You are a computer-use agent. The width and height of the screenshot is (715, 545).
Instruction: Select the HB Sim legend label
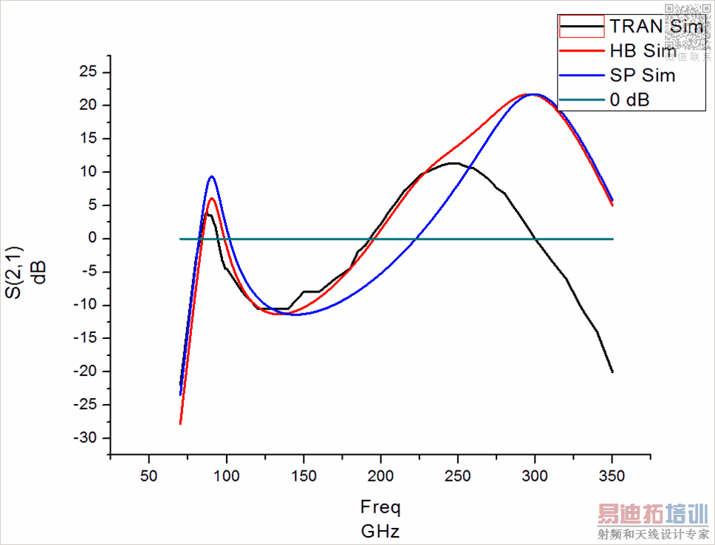(x=643, y=52)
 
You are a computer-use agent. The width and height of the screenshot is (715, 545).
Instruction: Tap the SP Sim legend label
(x=643, y=75)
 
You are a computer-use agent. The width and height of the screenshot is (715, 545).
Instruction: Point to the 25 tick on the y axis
(x=89, y=72)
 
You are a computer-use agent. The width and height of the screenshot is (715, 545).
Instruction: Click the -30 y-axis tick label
(x=84, y=438)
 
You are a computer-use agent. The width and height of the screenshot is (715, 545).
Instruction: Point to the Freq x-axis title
(x=380, y=507)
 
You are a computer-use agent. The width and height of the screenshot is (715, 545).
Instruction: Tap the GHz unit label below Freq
(x=380, y=530)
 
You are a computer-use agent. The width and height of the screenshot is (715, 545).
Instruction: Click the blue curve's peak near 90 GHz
(x=212, y=176)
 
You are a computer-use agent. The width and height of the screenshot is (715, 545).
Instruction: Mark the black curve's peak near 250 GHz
(x=454, y=163)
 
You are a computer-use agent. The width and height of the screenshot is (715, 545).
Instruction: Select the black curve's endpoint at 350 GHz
(x=612, y=371)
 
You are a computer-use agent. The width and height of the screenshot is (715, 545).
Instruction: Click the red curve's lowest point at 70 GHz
(x=180, y=423)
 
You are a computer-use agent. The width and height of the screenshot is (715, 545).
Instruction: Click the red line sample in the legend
(x=582, y=52)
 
